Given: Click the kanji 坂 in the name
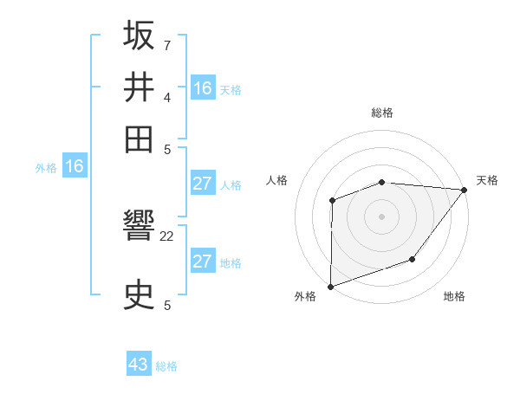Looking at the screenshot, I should (139, 36).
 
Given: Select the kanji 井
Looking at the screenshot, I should (139, 87).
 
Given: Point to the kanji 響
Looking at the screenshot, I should (139, 229).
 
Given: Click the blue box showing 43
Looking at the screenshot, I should (139, 365).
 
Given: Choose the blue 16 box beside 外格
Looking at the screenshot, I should (75, 167).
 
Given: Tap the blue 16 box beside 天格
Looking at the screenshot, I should (203, 88).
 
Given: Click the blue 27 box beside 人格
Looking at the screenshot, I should (203, 184).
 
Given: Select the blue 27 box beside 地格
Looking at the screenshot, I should (203, 262).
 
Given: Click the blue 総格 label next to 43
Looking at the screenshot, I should (166, 366).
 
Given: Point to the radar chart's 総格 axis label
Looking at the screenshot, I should (382, 113).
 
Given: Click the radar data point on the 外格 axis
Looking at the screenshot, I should (330, 286).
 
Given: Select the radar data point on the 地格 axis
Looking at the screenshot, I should (413, 259).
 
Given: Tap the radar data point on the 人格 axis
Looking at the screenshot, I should (332, 201).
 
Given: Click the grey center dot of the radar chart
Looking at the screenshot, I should (382, 216).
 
